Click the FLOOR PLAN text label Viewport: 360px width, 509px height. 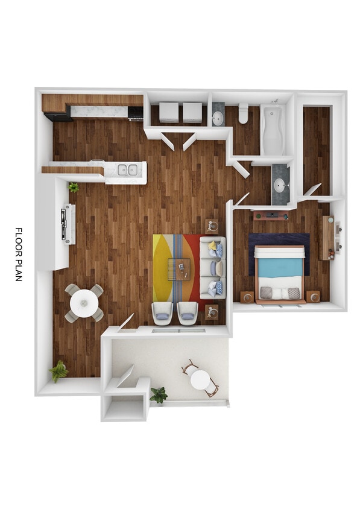(x=19, y=254)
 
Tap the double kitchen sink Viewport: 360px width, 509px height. (x=127, y=170)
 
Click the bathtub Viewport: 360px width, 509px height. (x=273, y=130)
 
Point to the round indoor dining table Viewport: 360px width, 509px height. (x=84, y=302)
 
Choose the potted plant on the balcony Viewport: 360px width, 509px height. (x=159, y=395)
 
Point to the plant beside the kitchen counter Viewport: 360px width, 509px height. (x=74, y=188)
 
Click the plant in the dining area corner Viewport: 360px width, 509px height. (x=58, y=370)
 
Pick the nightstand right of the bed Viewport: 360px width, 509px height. (x=312, y=296)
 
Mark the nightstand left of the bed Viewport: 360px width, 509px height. (x=247, y=297)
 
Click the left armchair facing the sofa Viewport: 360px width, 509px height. (x=162, y=311)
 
